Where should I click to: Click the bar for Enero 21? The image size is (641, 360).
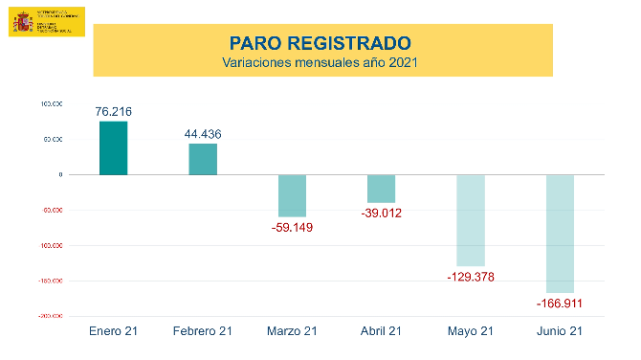click(113, 148)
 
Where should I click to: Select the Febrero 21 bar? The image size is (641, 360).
click(203, 159)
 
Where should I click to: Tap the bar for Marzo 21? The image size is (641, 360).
click(292, 195)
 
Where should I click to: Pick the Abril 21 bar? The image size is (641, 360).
click(381, 189)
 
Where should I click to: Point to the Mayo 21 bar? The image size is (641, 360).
click(470, 220)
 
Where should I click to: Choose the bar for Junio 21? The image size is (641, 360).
click(560, 234)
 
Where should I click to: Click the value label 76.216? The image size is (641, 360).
click(113, 112)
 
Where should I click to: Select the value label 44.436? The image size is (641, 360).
click(203, 134)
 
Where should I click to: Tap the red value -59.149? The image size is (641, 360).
click(292, 228)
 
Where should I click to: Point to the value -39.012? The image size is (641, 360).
click(381, 214)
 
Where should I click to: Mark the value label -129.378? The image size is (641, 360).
click(470, 277)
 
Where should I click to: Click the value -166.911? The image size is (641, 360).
click(560, 304)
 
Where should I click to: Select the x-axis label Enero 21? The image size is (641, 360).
click(113, 331)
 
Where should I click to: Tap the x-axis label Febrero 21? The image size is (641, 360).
click(203, 331)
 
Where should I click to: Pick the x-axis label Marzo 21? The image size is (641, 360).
click(292, 331)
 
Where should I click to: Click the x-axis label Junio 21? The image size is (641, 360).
click(560, 331)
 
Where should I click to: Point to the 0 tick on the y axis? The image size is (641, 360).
click(60, 175)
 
